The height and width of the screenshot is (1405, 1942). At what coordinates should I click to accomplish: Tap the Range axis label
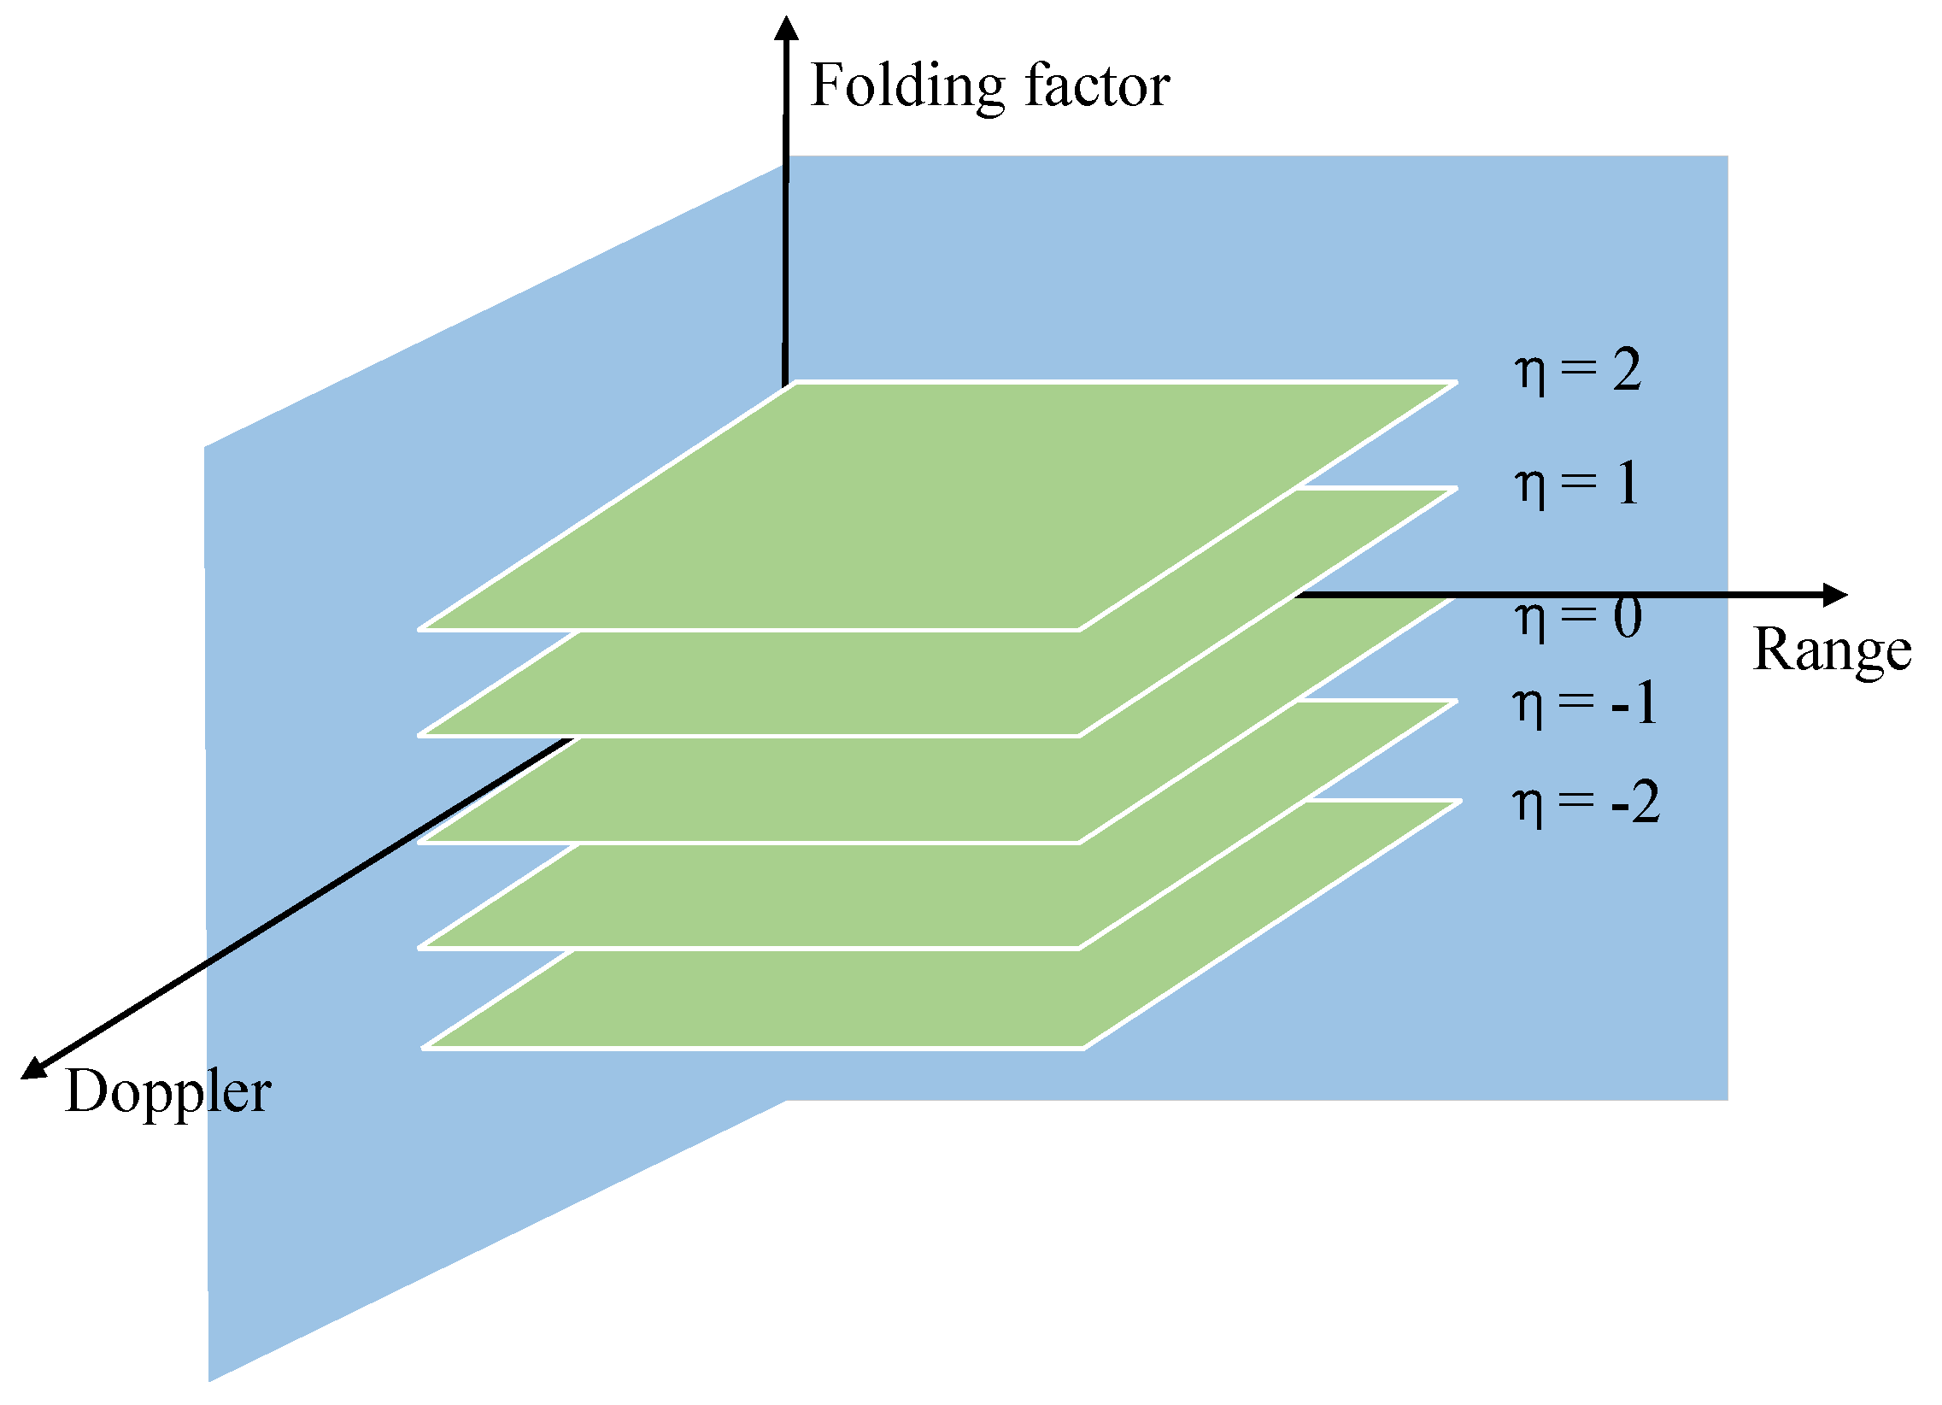point(1832,650)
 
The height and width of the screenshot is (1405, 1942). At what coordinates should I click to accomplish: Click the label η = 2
point(1578,370)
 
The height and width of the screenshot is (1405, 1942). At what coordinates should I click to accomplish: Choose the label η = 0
point(1578,618)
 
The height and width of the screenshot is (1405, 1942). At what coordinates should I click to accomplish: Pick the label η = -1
point(1584,704)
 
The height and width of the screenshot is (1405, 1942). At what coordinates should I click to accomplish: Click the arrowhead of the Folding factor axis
point(786,27)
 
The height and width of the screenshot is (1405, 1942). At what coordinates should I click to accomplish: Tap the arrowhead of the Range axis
point(1834,595)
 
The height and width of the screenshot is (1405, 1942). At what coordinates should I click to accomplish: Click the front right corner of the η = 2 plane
point(1079,630)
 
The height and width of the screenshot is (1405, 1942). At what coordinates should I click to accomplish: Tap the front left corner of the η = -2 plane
point(425,1047)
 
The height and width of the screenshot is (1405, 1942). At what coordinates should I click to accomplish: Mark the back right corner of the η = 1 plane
point(1456,489)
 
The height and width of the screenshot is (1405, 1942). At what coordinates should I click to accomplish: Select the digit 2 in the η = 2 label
point(1627,370)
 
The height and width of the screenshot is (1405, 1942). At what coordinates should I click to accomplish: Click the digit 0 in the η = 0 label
point(1627,618)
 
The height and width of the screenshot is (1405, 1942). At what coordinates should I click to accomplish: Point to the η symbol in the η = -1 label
point(1528,707)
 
